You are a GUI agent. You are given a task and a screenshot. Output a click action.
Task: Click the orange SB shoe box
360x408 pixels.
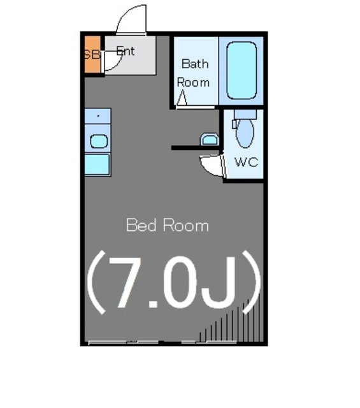(x=92, y=55)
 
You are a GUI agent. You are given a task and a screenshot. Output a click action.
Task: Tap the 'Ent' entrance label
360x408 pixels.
(x=126, y=52)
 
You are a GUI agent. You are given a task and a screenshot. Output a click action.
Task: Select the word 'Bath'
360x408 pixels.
(x=195, y=64)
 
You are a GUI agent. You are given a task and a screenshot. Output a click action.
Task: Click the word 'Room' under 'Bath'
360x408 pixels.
(x=192, y=82)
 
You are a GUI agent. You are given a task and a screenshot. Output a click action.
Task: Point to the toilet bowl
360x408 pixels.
(x=245, y=134)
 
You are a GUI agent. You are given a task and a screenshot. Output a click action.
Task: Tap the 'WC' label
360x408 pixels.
(x=246, y=162)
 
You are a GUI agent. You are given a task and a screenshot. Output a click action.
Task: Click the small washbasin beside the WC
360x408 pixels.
(x=209, y=139)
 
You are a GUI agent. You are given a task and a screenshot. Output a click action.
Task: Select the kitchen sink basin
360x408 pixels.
(x=97, y=141)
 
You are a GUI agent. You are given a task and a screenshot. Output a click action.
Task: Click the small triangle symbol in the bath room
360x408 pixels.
(x=182, y=99)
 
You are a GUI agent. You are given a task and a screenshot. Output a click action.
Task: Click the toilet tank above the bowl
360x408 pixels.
(x=244, y=115)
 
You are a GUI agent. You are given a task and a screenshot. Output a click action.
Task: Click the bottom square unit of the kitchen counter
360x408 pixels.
(x=97, y=164)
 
